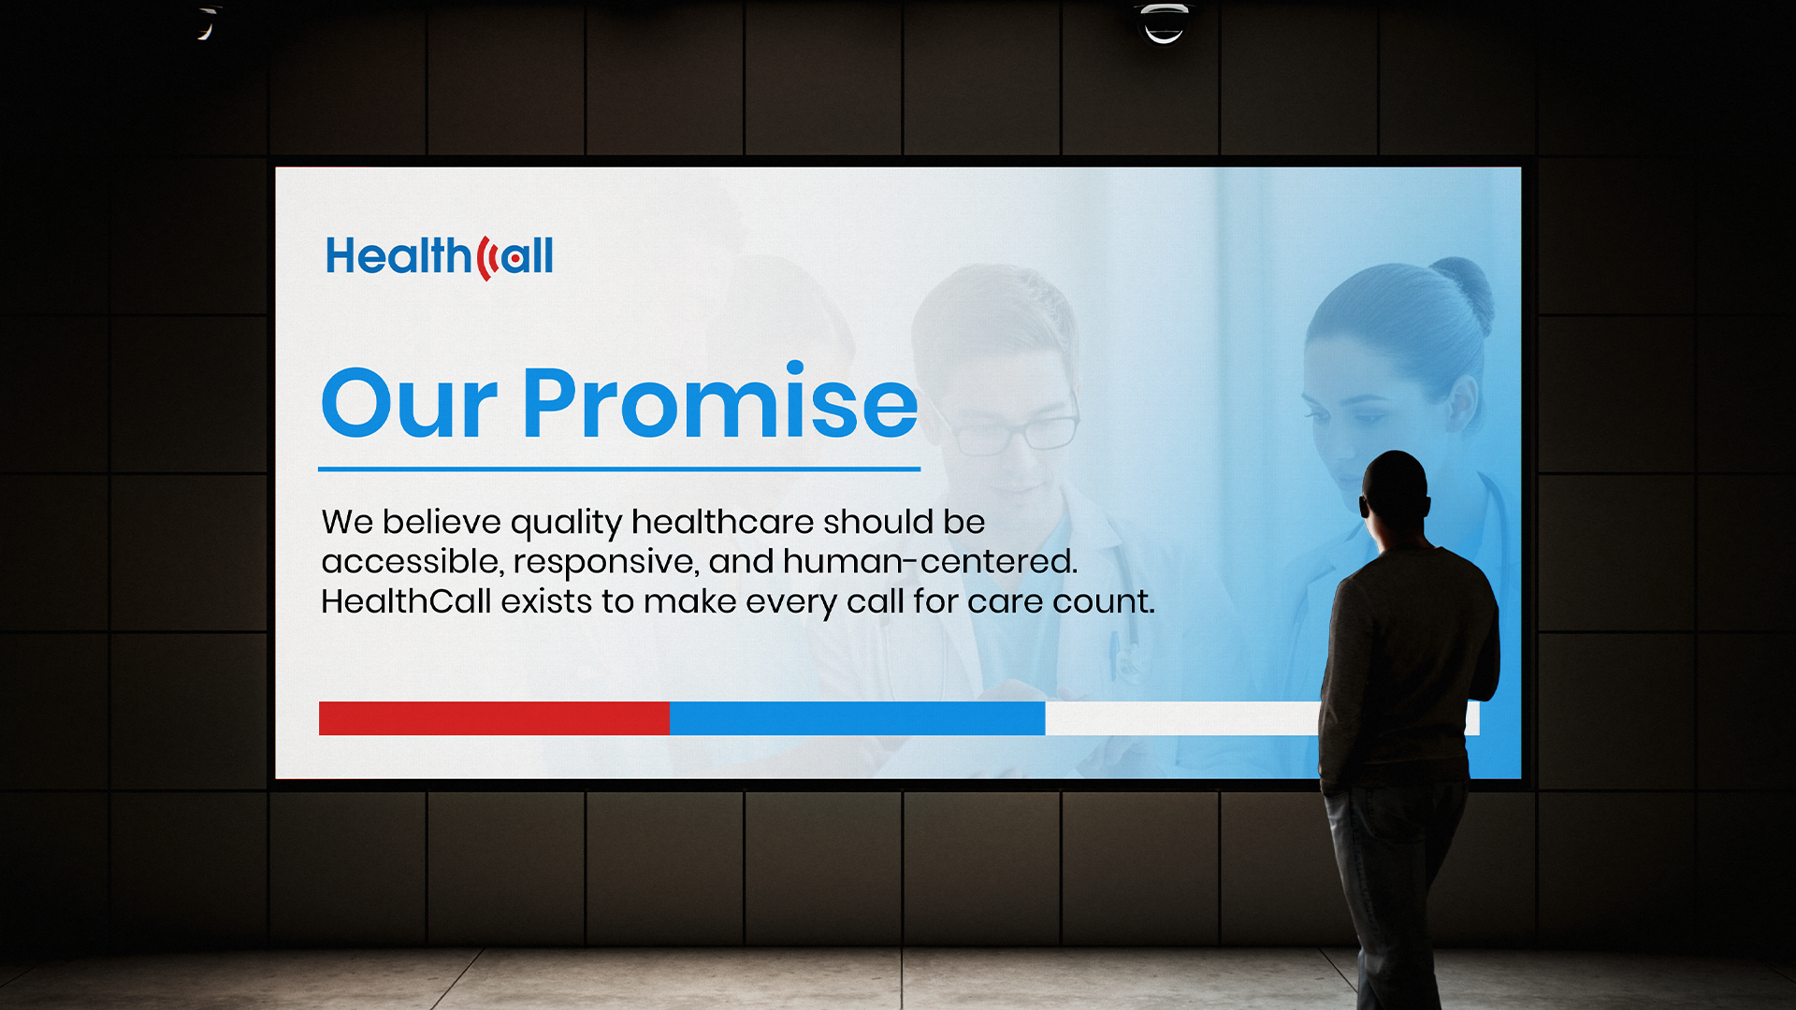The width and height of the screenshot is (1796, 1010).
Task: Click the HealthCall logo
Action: [x=440, y=256]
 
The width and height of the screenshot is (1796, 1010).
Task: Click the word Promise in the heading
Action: [x=720, y=402]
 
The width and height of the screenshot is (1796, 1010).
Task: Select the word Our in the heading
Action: [x=409, y=403]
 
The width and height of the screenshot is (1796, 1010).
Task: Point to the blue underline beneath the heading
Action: [x=619, y=469]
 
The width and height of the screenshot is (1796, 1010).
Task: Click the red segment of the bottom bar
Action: [x=494, y=718]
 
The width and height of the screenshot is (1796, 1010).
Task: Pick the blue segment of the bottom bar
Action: [x=857, y=718]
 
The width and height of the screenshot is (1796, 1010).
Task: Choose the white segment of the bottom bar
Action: [x=1183, y=718]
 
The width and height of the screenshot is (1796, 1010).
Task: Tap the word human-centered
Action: [x=929, y=561]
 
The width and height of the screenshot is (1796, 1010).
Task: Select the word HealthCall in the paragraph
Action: [x=406, y=601]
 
